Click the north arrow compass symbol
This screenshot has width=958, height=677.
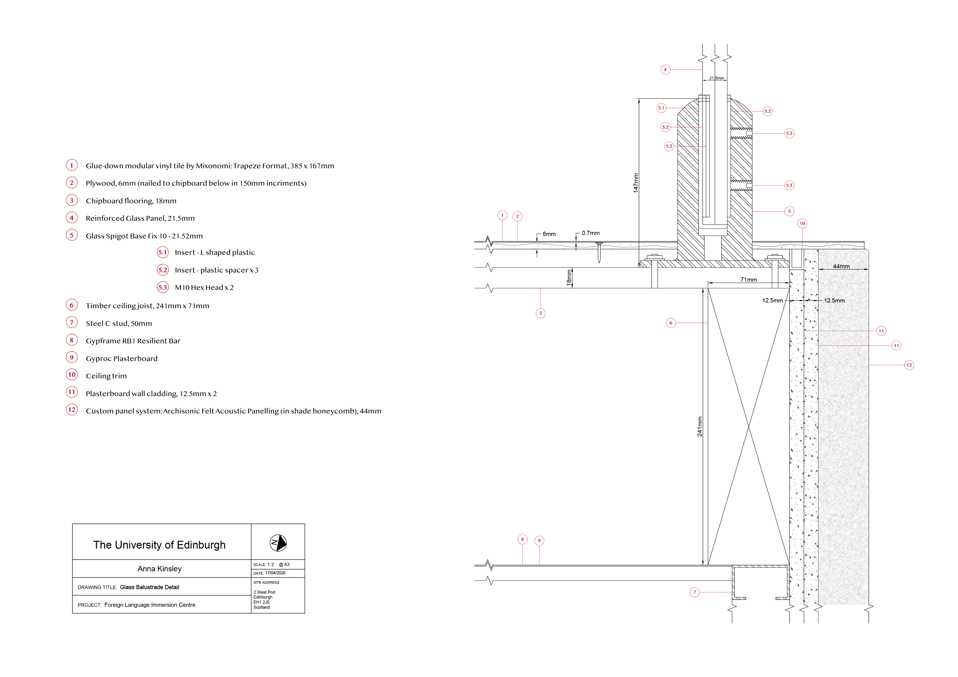tap(278, 543)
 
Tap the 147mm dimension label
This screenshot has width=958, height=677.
tap(636, 183)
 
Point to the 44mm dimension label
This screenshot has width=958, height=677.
tap(841, 266)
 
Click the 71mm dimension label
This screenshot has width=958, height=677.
tap(749, 280)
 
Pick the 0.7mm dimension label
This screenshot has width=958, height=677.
tap(590, 233)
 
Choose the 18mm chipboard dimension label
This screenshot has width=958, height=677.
tap(569, 278)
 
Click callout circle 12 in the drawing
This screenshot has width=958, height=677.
tap(909, 365)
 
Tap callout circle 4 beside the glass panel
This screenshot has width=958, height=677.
tap(665, 70)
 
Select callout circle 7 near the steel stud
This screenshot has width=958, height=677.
tap(694, 592)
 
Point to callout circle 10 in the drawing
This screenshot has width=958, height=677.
tap(802, 223)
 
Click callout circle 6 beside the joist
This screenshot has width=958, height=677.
tap(671, 323)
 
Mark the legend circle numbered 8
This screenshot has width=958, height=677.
tap(72, 340)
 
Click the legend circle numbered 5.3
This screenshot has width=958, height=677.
tap(163, 287)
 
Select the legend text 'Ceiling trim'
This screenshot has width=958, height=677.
tap(106, 376)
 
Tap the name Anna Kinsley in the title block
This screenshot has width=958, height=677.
tap(160, 569)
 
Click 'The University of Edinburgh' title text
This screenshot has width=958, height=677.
tap(160, 545)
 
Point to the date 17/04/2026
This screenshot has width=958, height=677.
tap(275, 573)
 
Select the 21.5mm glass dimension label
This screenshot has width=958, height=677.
tap(716, 78)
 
